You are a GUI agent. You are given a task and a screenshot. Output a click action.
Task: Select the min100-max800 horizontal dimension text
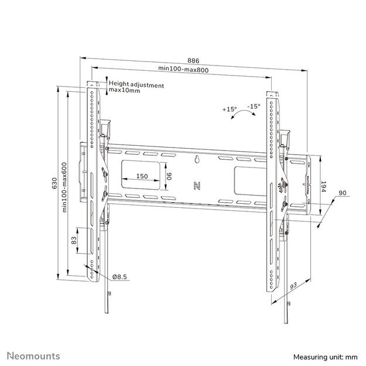coord(183,70)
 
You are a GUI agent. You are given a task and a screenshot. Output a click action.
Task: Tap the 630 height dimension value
coord(54,183)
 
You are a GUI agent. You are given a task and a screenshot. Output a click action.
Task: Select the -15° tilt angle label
coord(254,106)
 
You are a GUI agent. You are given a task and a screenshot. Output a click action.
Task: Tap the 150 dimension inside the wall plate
coord(142,176)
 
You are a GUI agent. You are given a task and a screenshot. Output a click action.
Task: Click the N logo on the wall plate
coord(197,186)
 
